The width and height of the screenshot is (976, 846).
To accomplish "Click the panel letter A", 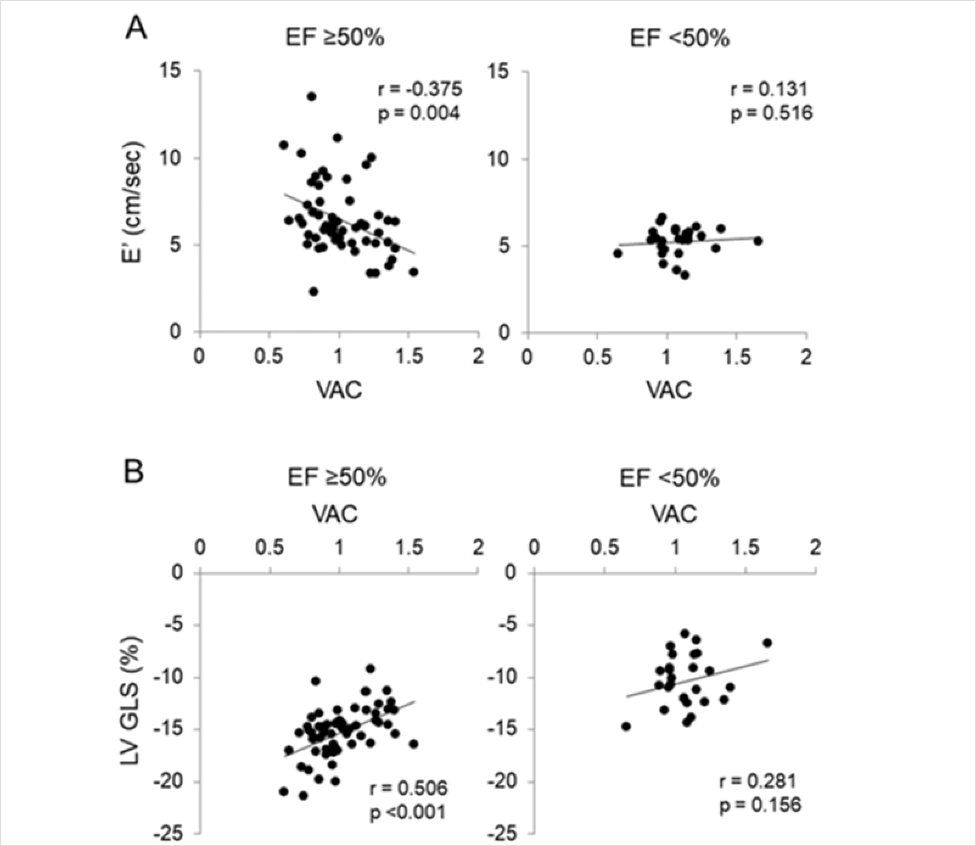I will point(136,28).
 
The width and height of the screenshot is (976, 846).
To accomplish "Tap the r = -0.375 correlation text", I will point(420,89).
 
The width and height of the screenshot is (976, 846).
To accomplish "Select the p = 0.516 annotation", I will point(772,113).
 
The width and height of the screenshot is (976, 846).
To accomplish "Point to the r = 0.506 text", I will point(408,788).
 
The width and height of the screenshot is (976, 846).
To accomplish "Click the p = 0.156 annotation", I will point(760,805).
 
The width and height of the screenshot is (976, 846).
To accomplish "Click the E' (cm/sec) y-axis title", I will point(131,202).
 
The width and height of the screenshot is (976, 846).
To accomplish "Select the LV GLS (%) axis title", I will point(131,700).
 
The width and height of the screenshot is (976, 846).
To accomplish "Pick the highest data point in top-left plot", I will point(312,96).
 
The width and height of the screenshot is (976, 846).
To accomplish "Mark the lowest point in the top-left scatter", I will point(313,292).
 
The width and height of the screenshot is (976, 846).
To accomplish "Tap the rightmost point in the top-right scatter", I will point(758,241).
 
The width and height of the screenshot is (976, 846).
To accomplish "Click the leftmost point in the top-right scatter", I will point(618,253).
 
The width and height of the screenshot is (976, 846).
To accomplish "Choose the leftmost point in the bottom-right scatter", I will point(626,726).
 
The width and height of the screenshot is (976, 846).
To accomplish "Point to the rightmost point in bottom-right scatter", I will point(767,643).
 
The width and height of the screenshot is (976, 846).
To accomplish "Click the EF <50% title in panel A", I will point(679,39).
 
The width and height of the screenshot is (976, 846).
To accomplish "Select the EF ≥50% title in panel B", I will point(336,478).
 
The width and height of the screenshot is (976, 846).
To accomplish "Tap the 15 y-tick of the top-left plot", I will point(170,71).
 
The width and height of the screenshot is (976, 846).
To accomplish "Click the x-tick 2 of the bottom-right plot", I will point(815,548).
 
